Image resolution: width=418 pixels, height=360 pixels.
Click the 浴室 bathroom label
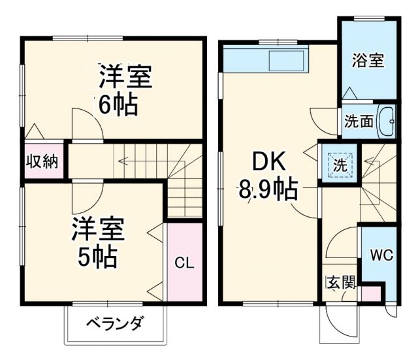click(x=366, y=60)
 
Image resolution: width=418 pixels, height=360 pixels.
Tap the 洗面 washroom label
click(x=359, y=122)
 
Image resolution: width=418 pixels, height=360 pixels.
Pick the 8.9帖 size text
click(x=268, y=191)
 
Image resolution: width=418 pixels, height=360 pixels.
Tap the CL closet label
click(x=184, y=263)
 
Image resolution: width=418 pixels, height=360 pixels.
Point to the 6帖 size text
click(x=118, y=104)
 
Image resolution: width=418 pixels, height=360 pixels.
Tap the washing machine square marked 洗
click(x=340, y=165)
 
